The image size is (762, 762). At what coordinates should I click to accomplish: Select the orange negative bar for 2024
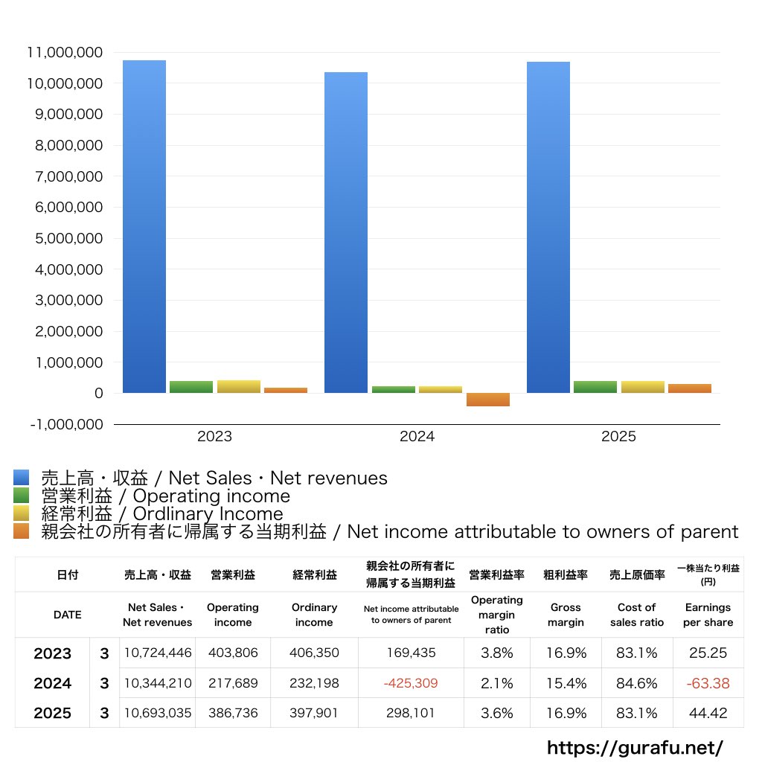pos(488,400)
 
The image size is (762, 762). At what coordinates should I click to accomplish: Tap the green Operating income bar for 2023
pos(191,387)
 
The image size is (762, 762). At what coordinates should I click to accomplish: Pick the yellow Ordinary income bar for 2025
pos(643,387)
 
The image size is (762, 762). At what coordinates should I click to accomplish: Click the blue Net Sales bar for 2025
pos(548,227)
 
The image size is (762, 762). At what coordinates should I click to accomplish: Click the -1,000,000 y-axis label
pos(65,424)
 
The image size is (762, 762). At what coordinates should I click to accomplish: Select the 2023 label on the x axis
pos(214,437)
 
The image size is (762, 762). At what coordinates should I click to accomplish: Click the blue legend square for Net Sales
pos(21,478)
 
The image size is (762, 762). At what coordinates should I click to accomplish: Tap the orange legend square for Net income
pos(21,531)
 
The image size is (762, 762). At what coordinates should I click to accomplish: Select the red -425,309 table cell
pos(410,683)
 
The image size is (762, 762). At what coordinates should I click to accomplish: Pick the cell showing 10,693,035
pos(158,713)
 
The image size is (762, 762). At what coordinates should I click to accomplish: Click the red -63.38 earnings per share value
pos(708,683)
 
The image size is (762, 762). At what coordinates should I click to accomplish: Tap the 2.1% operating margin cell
pos(496,683)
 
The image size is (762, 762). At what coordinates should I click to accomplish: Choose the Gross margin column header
pos(566,615)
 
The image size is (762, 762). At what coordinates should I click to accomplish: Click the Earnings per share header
pos(708,615)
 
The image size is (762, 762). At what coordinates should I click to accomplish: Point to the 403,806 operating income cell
pos(232,653)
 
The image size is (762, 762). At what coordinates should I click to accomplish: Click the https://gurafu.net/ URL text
pos(635,747)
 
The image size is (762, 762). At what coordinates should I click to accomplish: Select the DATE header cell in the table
pos(67,615)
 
